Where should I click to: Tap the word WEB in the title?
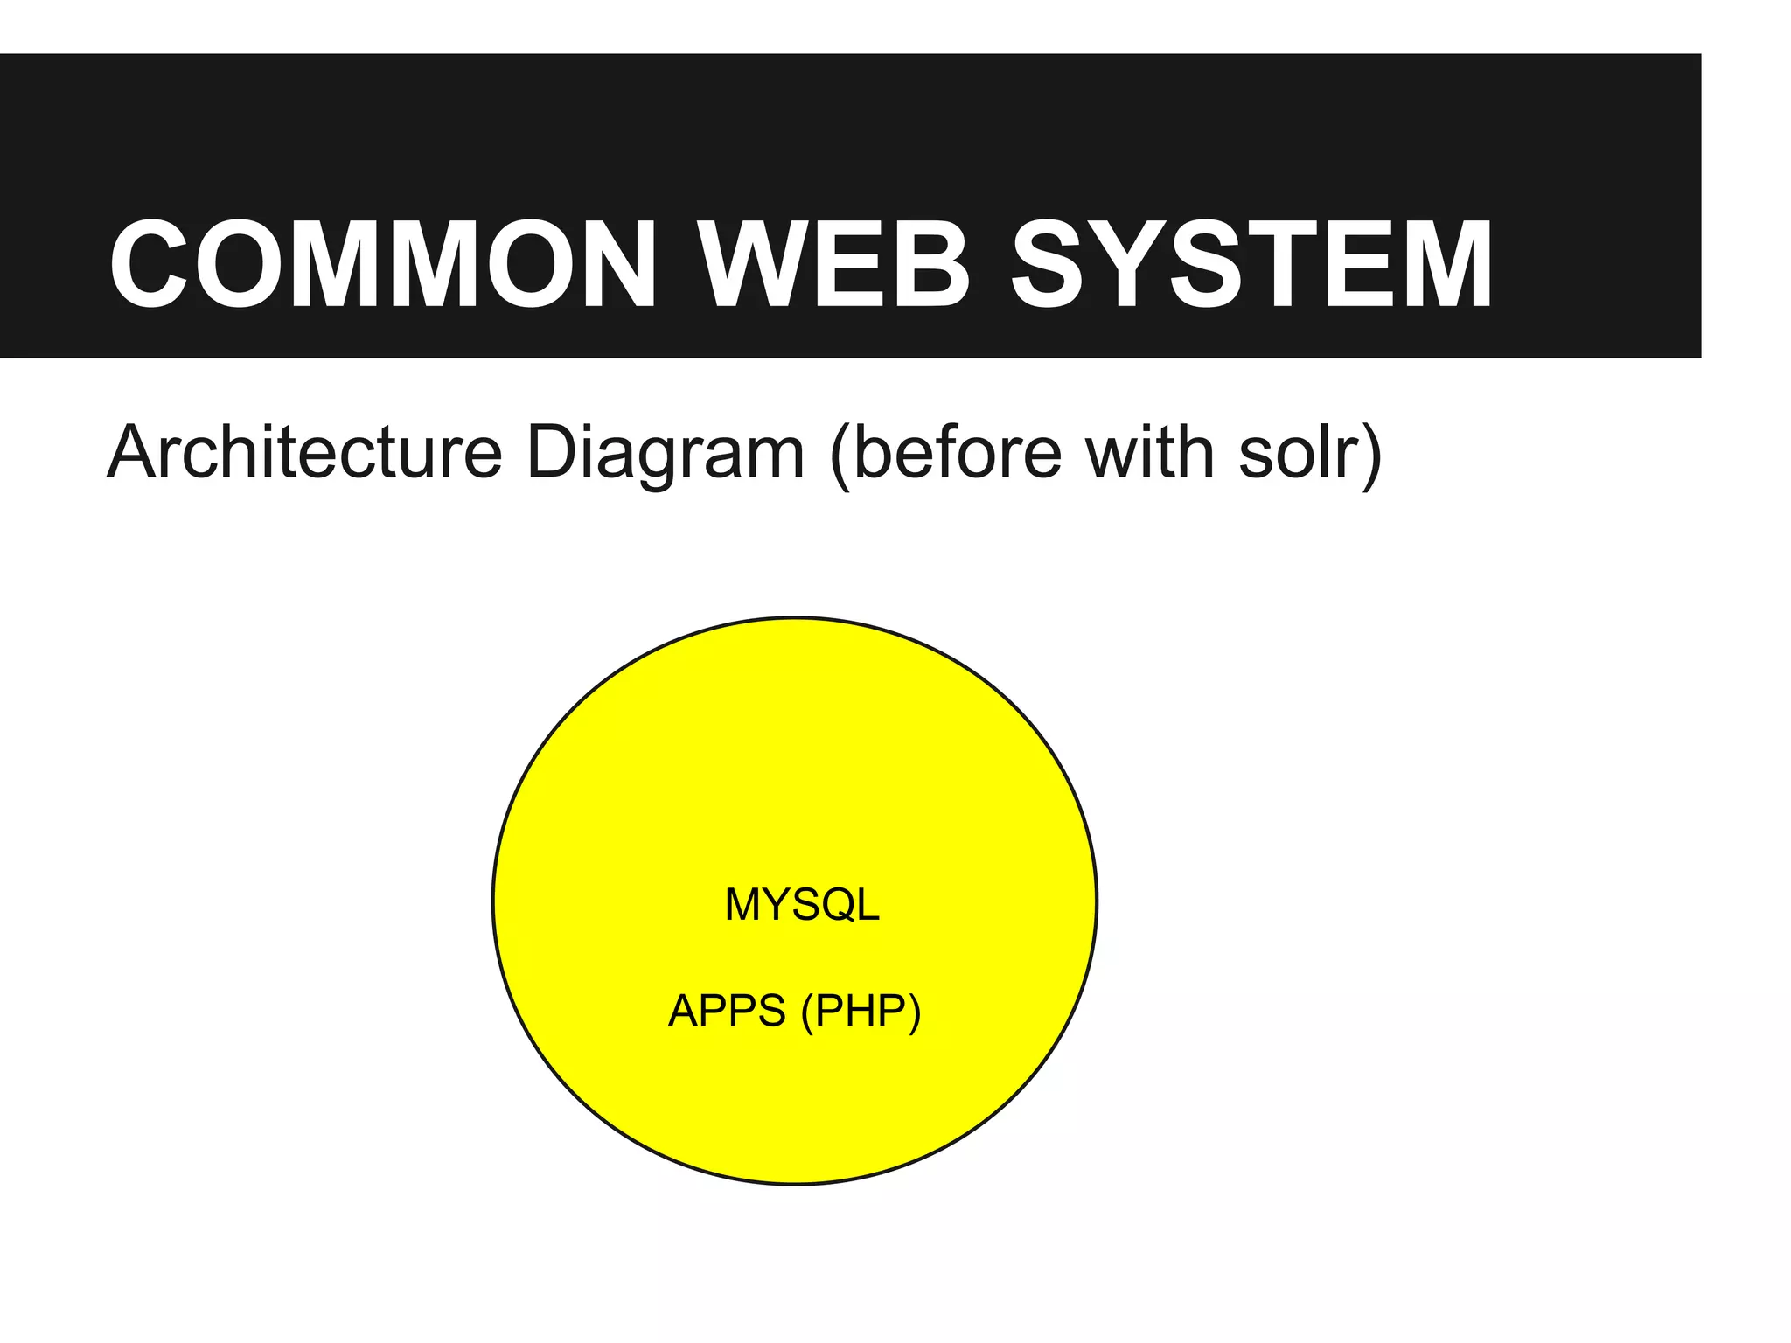[x=834, y=264]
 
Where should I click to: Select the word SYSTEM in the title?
[x=1252, y=264]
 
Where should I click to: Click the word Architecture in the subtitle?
[x=304, y=453]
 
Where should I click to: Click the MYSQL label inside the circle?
[x=802, y=904]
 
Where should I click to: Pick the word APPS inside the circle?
[x=727, y=1011]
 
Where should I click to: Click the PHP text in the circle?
[x=861, y=1011]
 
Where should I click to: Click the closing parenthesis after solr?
[x=1371, y=455]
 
